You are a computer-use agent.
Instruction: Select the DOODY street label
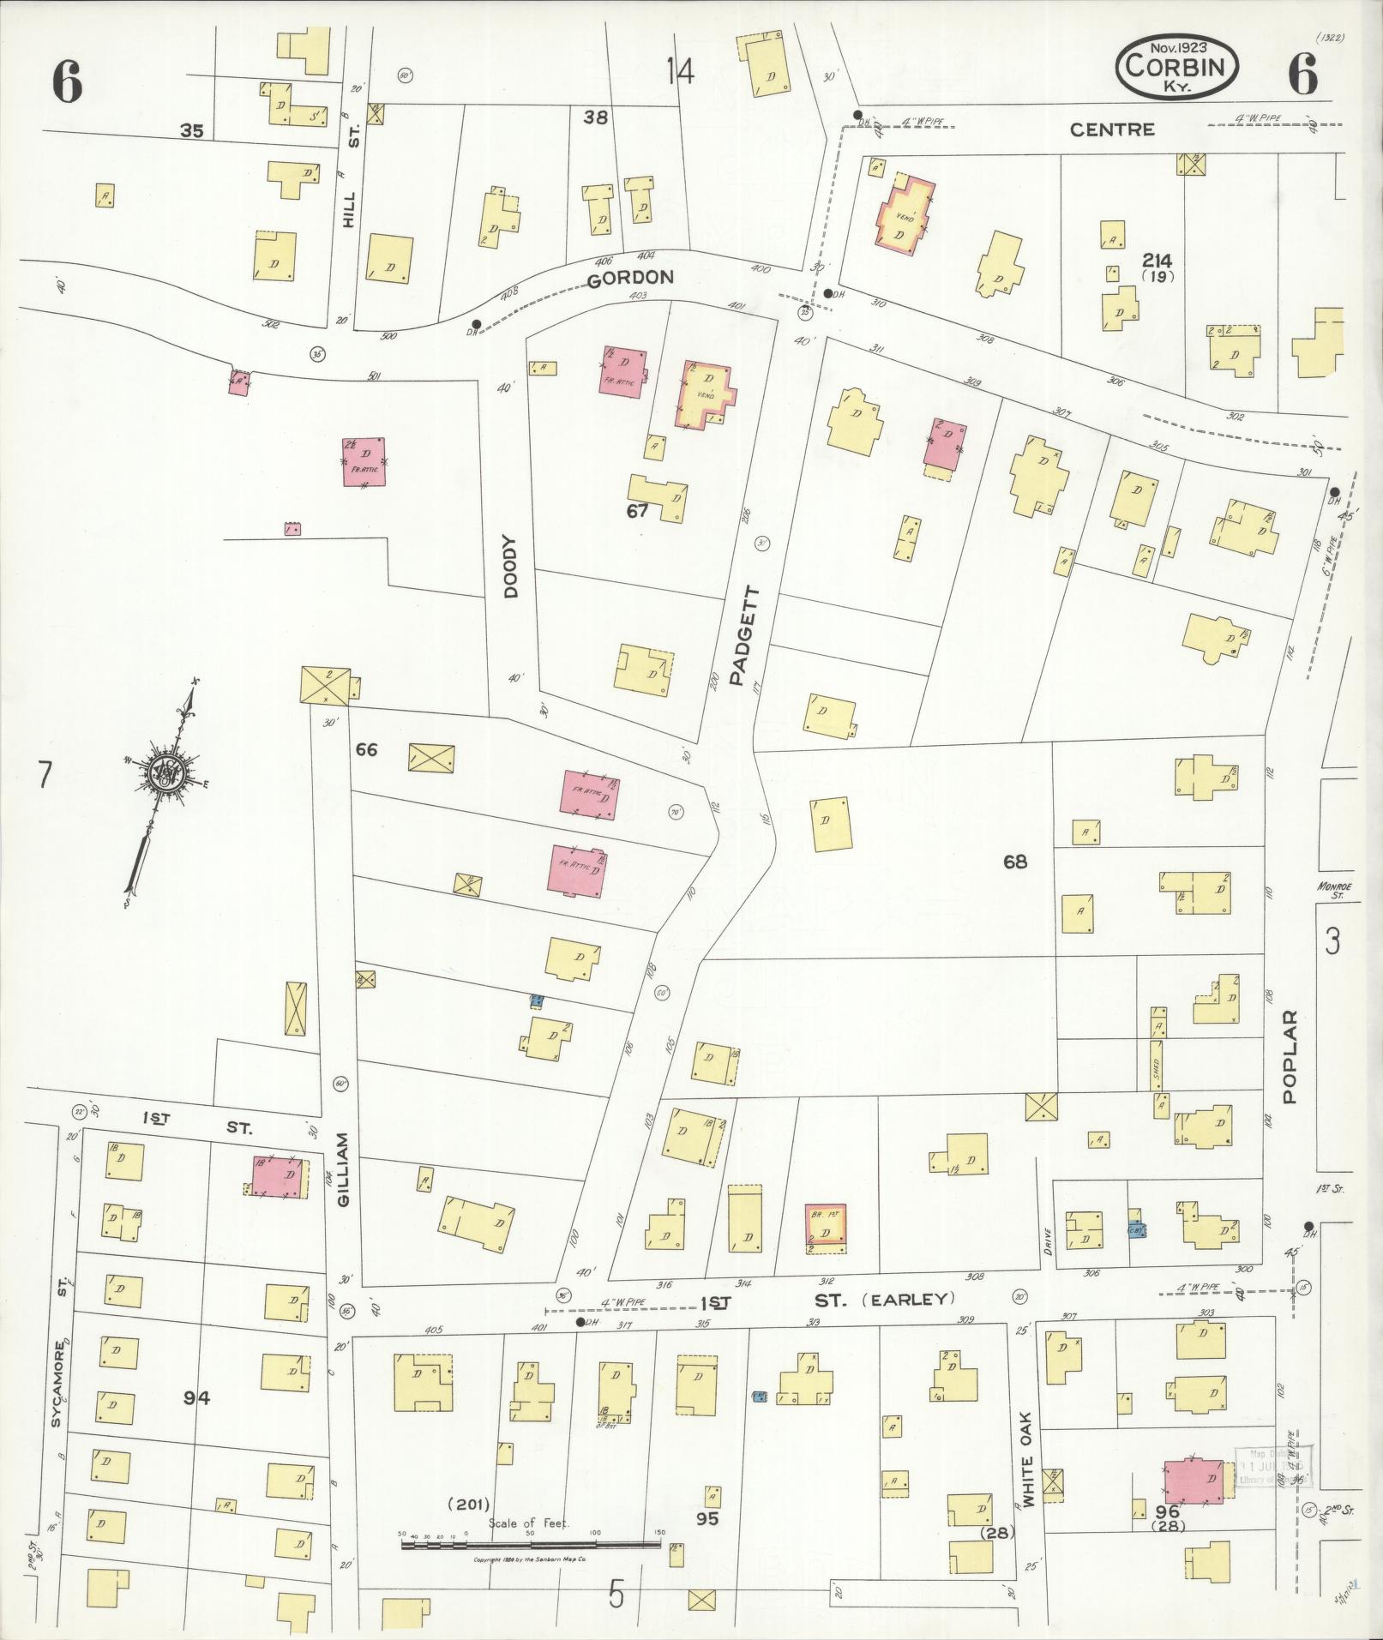click(x=511, y=567)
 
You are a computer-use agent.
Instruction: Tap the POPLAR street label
click(x=1291, y=1059)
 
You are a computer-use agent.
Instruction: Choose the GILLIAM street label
click(x=343, y=1170)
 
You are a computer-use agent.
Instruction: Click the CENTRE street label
click(x=1111, y=129)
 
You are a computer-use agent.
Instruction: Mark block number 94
click(x=195, y=1398)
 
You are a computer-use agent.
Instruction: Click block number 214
click(x=1157, y=261)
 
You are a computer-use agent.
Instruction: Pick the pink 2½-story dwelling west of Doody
click(x=364, y=461)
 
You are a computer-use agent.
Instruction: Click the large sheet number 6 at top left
click(x=67, y=83)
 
